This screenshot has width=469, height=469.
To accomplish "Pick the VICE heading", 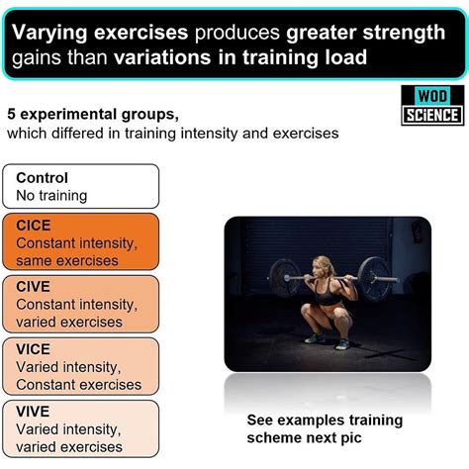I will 36,350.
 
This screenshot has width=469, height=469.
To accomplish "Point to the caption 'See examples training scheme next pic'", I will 324,428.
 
